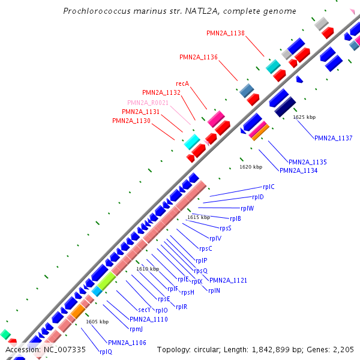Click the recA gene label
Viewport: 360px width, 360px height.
182,83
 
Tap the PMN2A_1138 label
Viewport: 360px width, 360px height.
225,33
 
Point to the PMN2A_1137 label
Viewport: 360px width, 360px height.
333,138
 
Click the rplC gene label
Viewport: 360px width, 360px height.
268,187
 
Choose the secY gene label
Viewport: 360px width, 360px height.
145,310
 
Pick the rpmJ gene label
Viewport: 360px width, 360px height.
136,329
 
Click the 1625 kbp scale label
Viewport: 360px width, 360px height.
304,117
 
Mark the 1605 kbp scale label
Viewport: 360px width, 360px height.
97,322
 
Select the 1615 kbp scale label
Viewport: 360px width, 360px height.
199,217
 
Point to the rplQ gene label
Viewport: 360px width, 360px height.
106,352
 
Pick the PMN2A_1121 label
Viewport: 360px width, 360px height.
228,280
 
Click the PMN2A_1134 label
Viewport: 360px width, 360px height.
298,170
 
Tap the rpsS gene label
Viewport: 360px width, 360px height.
225,228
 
